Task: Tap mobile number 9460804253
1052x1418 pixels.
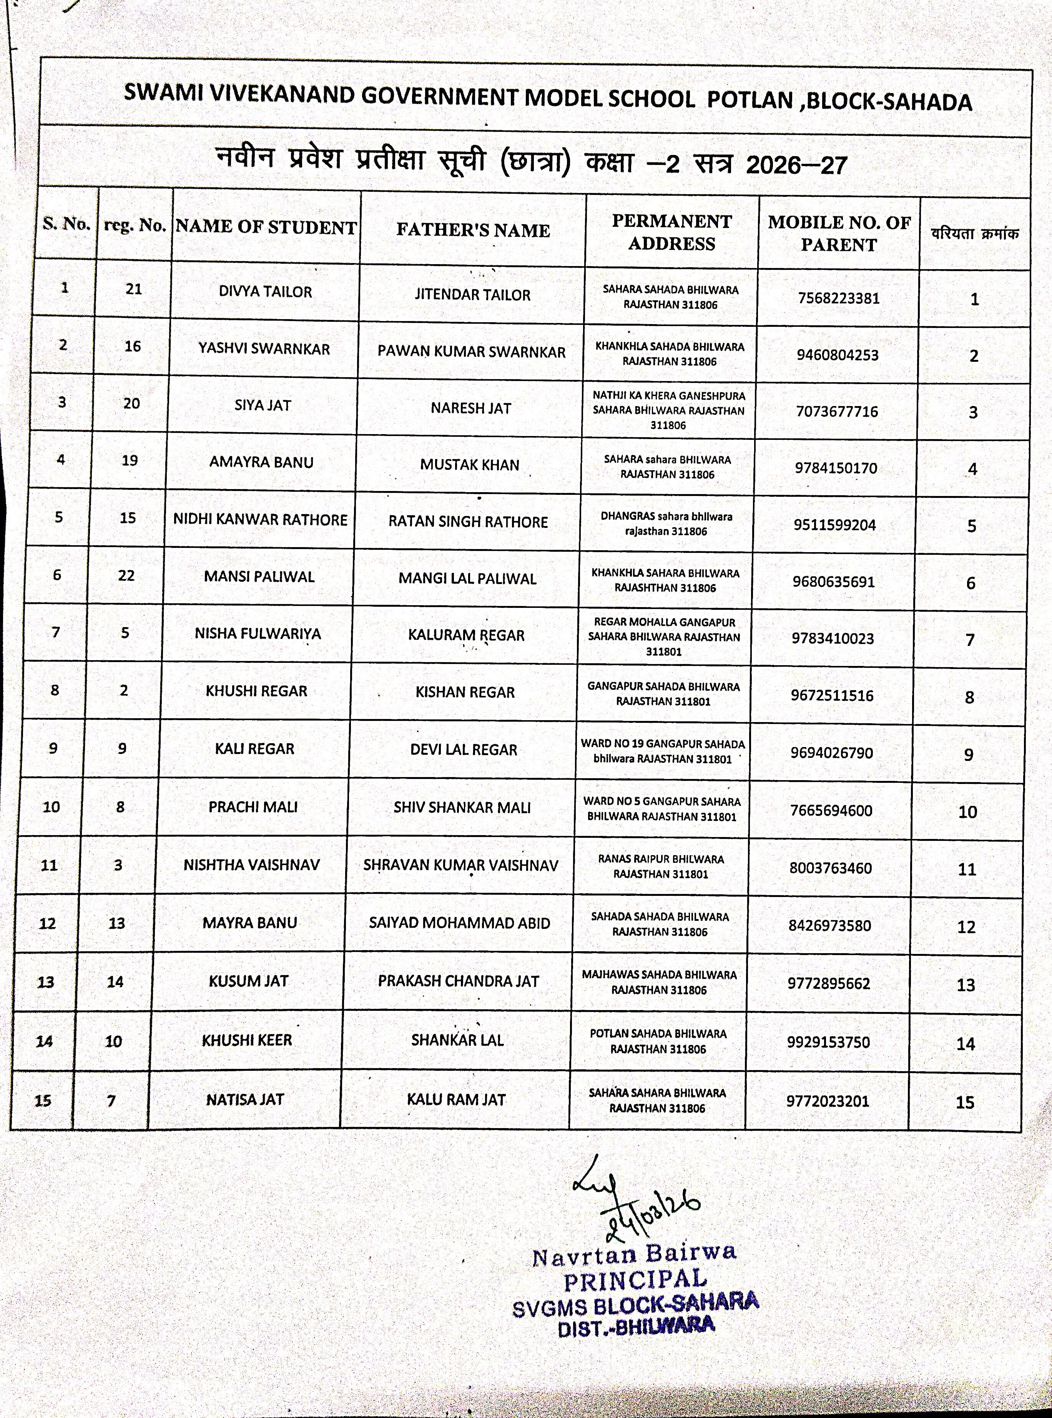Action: pos(838,355)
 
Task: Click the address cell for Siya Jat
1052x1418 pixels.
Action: pos(668,410)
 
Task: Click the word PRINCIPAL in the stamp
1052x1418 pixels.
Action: pos(635,1279)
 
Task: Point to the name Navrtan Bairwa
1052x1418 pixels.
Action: pos(633,1254)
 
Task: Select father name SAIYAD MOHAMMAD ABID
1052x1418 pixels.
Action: pos(459,923)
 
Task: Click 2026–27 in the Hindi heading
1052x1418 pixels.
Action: pos(796,165)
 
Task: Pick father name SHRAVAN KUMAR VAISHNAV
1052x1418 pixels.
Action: pos(460,865)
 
